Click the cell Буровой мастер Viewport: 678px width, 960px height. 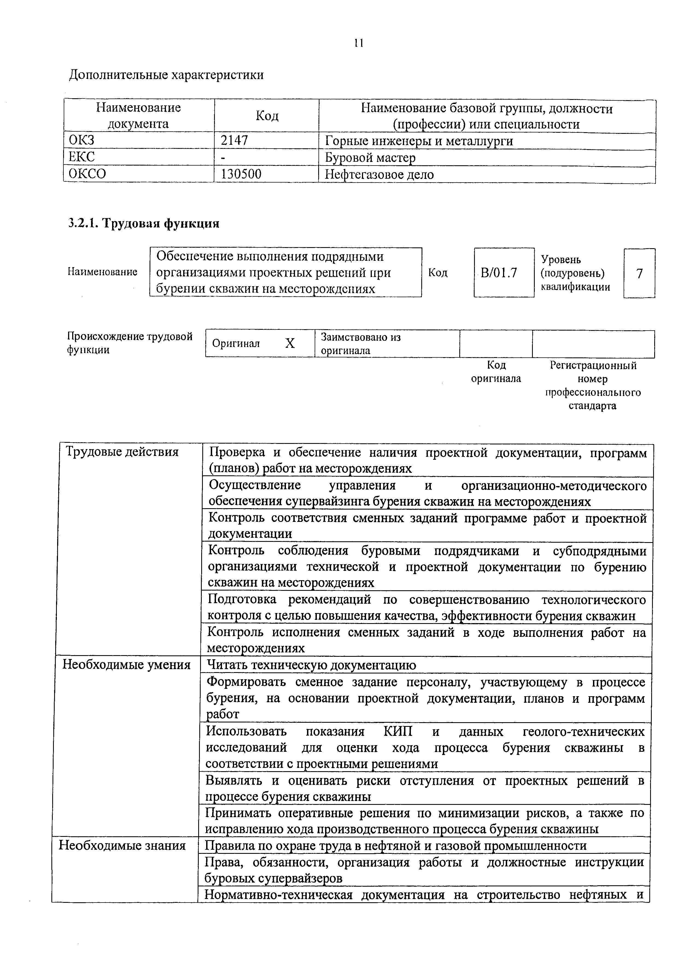pyautogui.click(x=370, y=158)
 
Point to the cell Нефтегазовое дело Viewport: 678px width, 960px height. pyautogui.click(x=379, y=174)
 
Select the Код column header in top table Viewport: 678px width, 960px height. pyautogui.click(x=267, y=116)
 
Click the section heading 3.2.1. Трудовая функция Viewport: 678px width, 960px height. pyautogui.click(x=144, y=224)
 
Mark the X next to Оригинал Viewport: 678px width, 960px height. pyautogui.click(x=290, y=343)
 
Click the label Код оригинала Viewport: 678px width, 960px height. pyautogui.click(x=496, y=372)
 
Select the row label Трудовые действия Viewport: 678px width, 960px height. pyautogui.click(x=122, y=452)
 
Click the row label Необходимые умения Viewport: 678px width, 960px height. pyautogui.click(x=126, y=665)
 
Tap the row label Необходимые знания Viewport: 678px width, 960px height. pyautogui.click(x=122, y=845)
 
